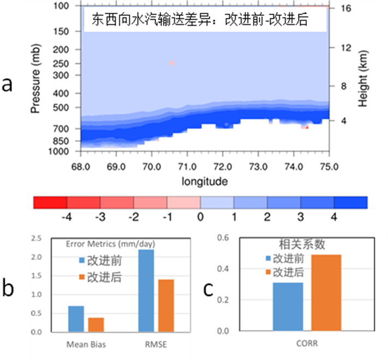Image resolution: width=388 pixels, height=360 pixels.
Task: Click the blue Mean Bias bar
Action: pos(76,319)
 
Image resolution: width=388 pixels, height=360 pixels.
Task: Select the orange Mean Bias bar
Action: pos(95,324)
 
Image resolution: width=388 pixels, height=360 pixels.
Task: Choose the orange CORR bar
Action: pos(326,292)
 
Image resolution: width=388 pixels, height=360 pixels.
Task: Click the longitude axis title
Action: pos(205,181)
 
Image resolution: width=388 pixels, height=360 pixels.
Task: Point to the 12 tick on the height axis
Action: pos(345,48)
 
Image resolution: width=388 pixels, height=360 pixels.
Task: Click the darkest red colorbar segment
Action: pos(50,203)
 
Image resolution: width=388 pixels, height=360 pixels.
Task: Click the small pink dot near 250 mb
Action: pos(172,63)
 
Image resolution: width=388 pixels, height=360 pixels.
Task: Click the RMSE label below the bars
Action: pos(157,345)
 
